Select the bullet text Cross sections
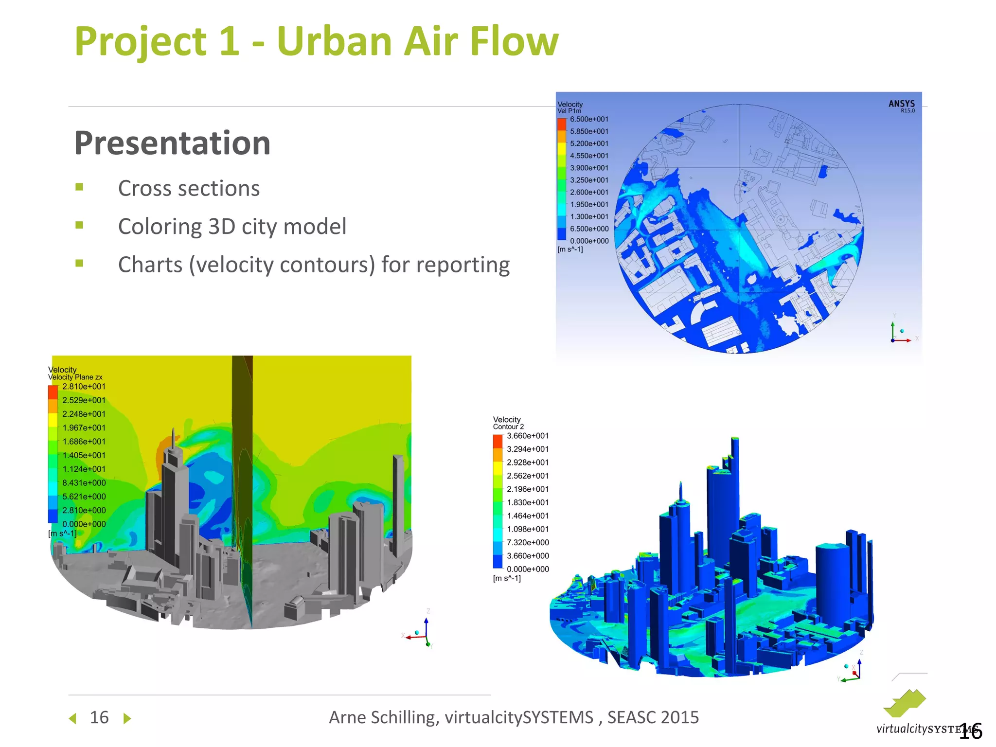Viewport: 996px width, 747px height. click(189, 188)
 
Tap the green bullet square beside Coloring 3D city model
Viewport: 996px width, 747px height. click(79, 225)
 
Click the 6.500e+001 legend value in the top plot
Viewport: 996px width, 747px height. click(589, 119)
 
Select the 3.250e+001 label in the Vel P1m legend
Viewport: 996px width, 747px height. click(589, 180)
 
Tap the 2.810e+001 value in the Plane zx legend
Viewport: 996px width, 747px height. click(84, 387)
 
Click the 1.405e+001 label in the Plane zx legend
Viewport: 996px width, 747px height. click(84, 455)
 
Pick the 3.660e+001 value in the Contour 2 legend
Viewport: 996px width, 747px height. click(528, 436)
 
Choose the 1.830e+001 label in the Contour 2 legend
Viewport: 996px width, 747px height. click(528, 502)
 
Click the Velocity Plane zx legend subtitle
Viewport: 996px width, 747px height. click(75, 377)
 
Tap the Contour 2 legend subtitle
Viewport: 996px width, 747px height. click(508, 427)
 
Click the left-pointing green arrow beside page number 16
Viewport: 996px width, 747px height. click(73, 718)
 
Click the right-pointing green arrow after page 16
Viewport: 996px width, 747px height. click(127, 718)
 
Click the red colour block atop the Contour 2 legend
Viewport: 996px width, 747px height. click(498, 441)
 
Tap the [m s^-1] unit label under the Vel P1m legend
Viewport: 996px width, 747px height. click(570, 249)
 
